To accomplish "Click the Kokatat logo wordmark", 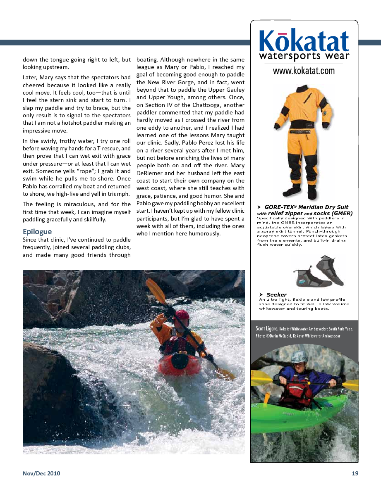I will tap(304, 41).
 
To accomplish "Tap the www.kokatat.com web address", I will tap(304, 71).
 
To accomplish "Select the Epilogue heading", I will tap(37, 231).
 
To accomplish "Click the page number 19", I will tap(355, 473).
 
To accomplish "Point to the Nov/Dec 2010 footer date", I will tap(41, 473).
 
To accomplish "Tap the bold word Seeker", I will tap(276, 294).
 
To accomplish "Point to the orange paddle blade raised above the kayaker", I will tap(156, 290).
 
